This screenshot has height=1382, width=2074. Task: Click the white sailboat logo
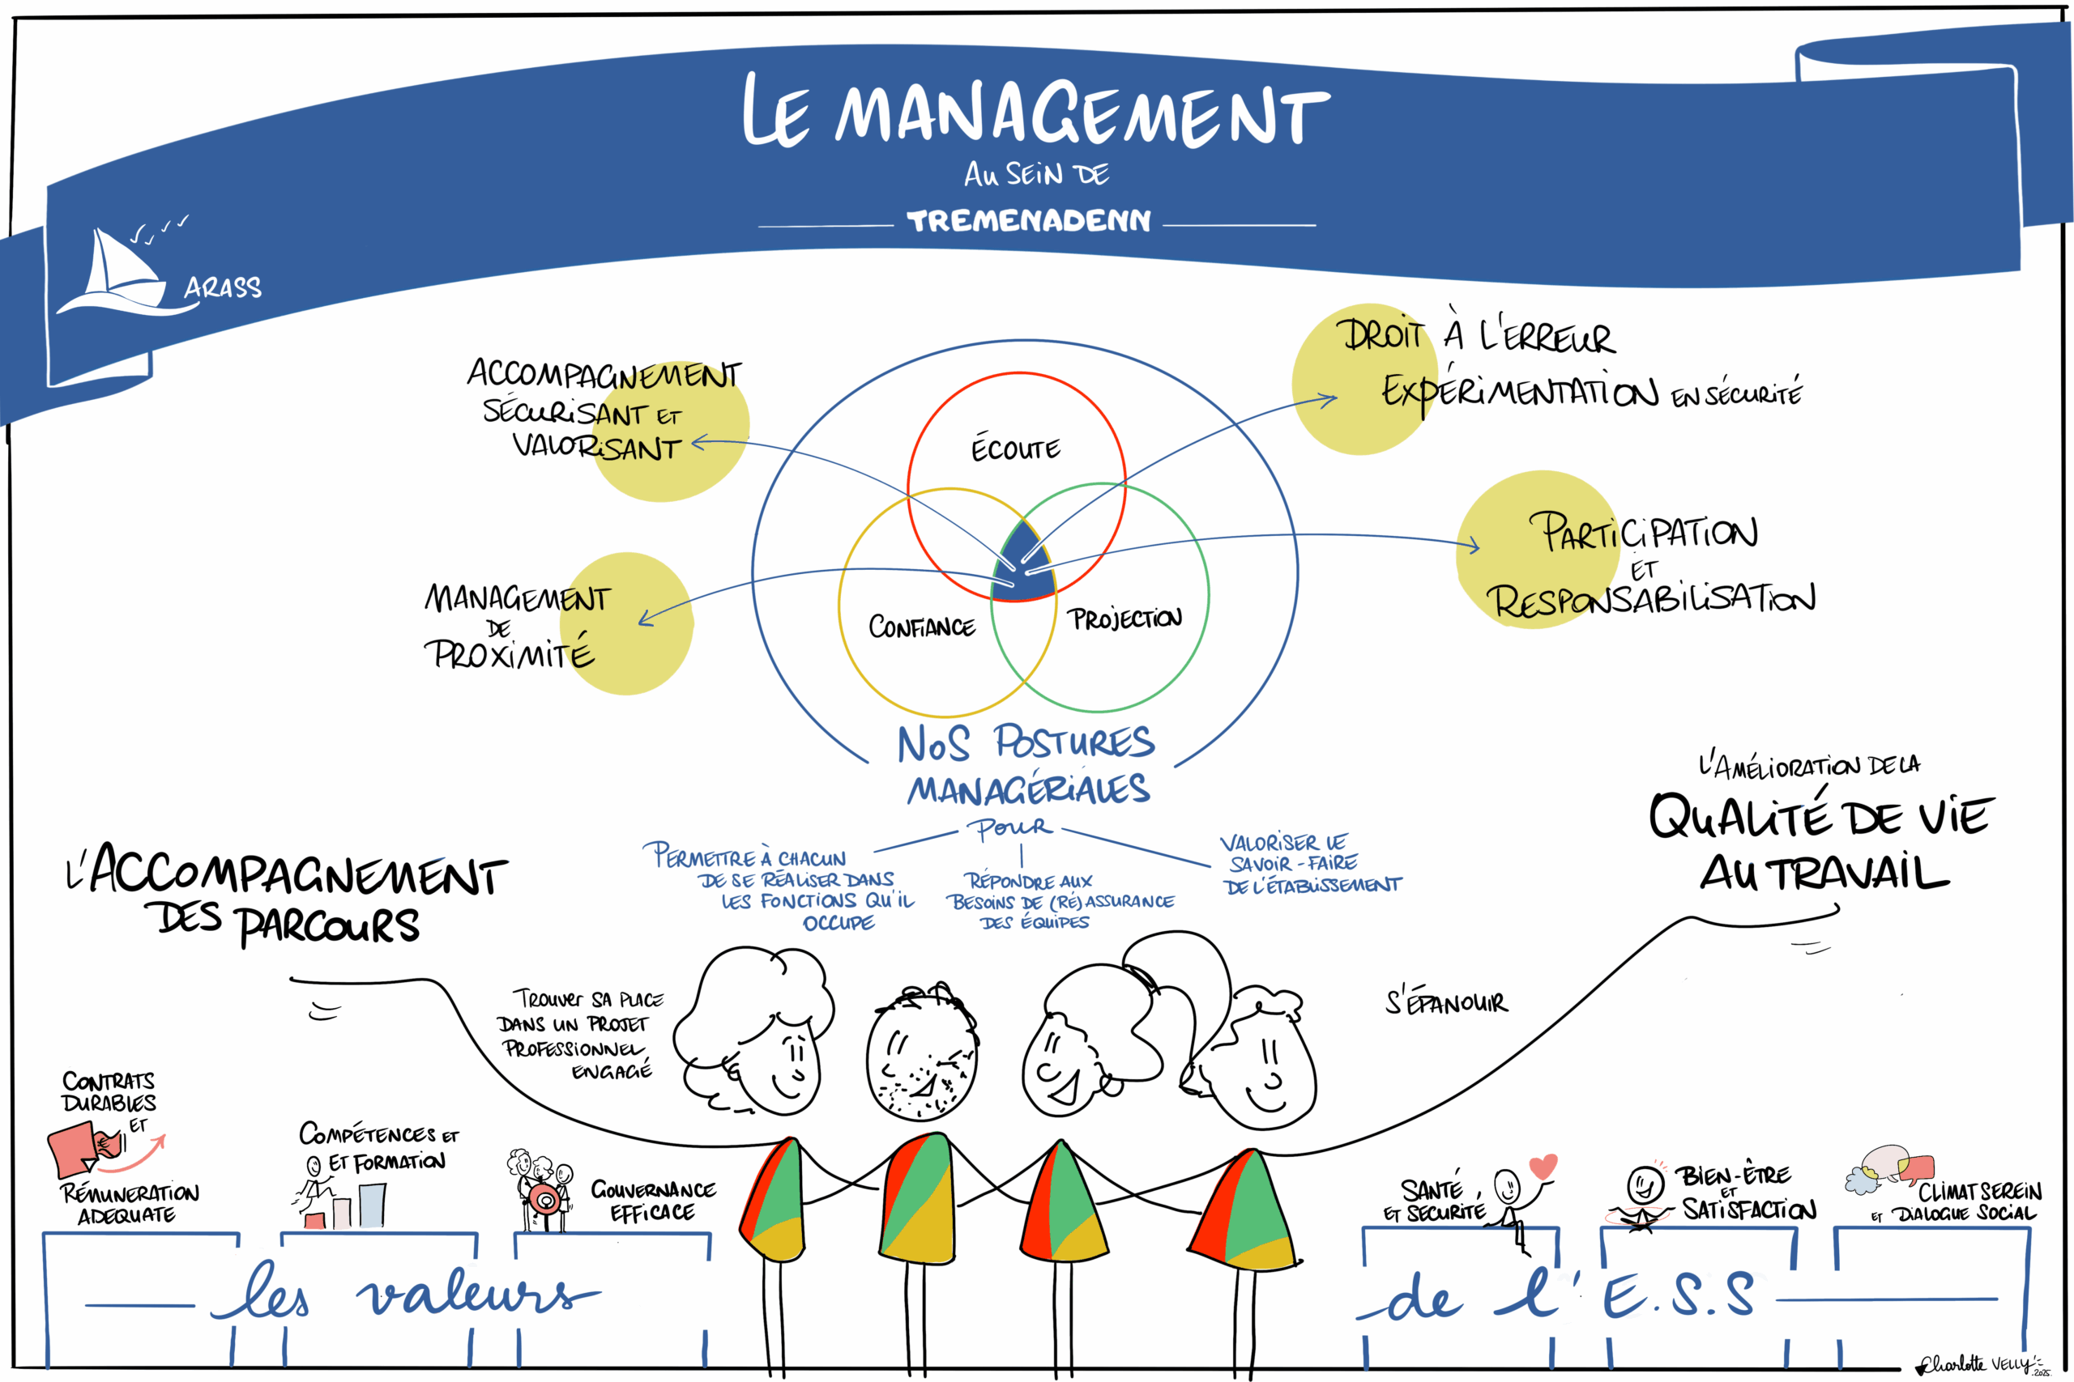click(x=114, y=273)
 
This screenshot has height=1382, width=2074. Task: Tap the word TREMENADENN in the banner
click(x=1028, y=220)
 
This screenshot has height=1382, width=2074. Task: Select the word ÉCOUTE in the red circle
click(x=1016, y=449)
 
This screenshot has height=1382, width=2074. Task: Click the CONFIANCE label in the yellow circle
click(x=921, y=627)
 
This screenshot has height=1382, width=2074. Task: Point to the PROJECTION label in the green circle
click(x=1126, y=619)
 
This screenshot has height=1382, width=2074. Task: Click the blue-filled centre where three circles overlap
click(x=1023, y=564)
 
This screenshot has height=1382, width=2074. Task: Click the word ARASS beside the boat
click(x=222, y=287)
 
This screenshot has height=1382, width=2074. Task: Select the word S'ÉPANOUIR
click(x=1446, y=1002)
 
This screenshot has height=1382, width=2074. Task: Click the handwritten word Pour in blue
click(x=1009, y=827)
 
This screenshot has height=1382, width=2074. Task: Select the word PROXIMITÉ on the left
click(x=509, y=655)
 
